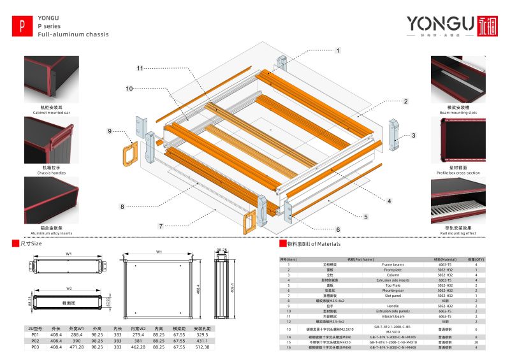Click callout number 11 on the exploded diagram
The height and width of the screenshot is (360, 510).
coord(140,68)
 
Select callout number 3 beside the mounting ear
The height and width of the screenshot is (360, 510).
coord(413,135)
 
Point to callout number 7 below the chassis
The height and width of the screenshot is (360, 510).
coord(161,226)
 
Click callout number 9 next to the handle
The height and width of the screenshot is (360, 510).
coord(110,131)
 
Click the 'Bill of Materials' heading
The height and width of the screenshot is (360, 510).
coord(314,244)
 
